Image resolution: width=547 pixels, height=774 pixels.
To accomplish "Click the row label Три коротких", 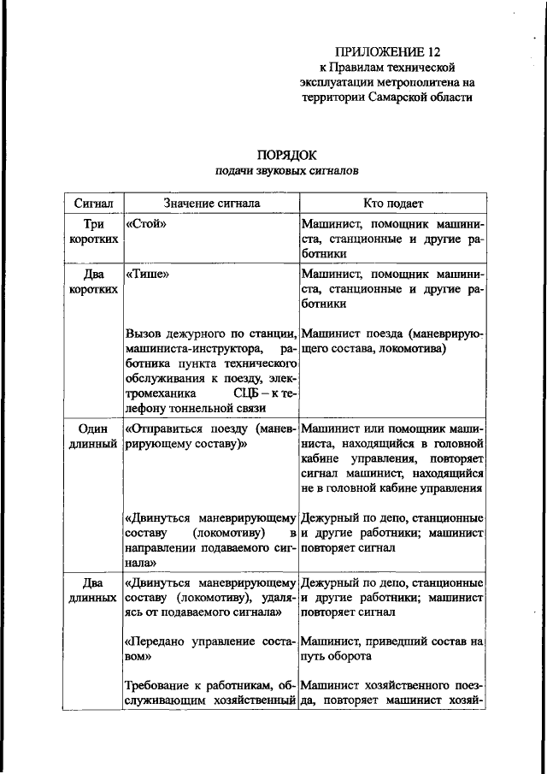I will pyautogui.click(x=92, y=231).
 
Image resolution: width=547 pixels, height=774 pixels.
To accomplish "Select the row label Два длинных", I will pyautogui.click(x=92, y=590).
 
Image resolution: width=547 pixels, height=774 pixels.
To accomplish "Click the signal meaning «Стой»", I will pyautogui.click(x=144, y=223).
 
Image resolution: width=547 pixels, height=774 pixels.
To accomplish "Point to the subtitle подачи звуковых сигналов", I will pyautogui.click(x=286, y=171).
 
